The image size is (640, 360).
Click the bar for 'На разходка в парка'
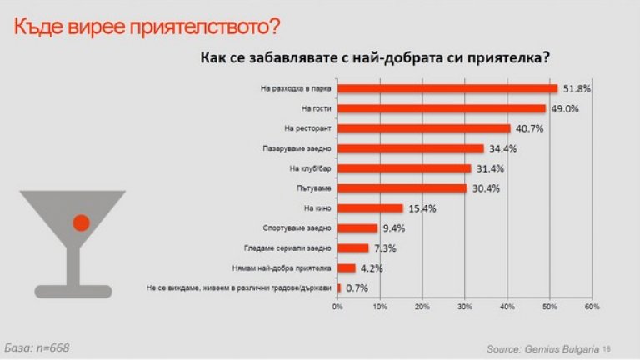tap(447, 88)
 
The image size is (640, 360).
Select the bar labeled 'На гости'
tap(442, 108)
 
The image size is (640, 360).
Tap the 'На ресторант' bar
tap(424, 128)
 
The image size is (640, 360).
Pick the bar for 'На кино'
tap(370, 208)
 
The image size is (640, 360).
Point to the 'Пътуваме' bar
tap(402, 188)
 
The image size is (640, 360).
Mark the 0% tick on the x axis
tap(337, 307)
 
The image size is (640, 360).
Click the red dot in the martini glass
tap(81, 222)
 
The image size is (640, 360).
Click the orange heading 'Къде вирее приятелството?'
tap(147, 27)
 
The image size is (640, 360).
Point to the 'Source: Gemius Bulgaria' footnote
tap(542, 348)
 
